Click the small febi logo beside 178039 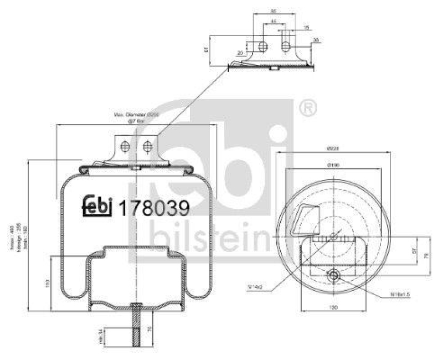(x=97, y=206)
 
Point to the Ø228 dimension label (x=333, y=148)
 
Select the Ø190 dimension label (x=333, y=164)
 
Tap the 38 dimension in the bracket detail (x=316, y=39)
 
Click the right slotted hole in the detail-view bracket (x=285, y=45)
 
